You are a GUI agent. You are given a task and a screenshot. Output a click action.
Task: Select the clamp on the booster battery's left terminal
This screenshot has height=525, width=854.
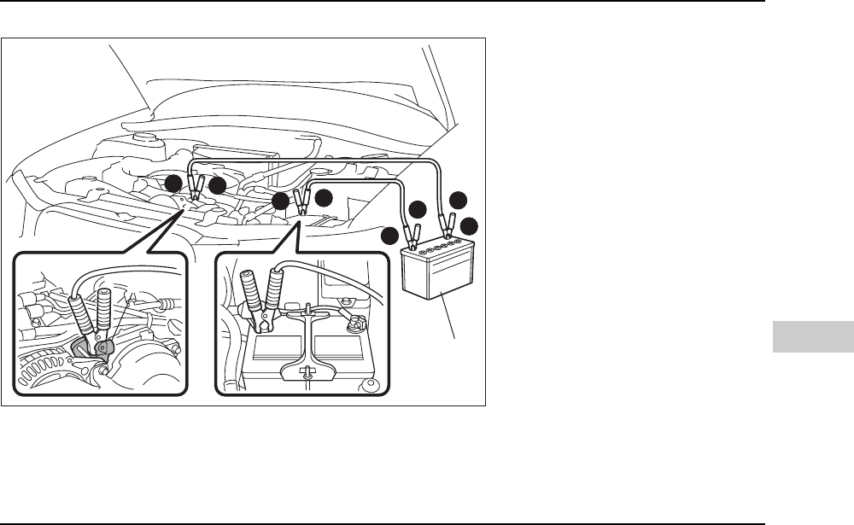(412, 231)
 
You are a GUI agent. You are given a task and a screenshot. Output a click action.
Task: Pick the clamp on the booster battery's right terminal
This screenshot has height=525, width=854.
(445, 227)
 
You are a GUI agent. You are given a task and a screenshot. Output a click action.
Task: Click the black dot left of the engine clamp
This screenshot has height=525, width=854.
(173, 183)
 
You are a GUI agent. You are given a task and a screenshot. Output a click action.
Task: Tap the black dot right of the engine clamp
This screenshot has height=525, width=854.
(217, 185)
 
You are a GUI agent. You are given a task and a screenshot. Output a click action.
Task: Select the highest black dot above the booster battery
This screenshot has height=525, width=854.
(459, 200)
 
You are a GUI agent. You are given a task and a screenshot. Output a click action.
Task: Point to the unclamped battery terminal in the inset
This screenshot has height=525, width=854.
(354, 323)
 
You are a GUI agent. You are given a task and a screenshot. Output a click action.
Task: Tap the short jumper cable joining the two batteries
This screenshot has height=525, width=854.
(359, 182)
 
